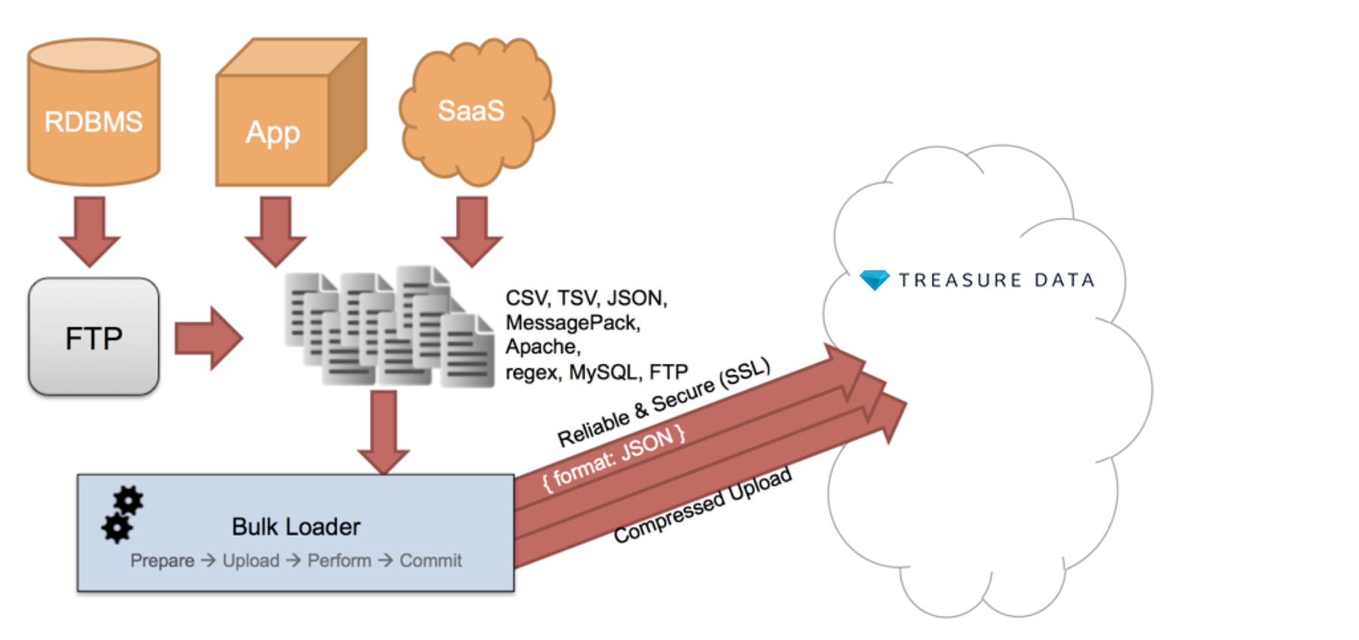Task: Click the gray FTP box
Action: (94, 337)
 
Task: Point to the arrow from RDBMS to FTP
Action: (90, 230)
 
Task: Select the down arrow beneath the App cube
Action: (275, 230)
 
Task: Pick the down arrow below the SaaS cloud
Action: (472, 230)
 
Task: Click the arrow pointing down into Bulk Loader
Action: (383, 431)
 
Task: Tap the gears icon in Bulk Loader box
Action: (122, 514)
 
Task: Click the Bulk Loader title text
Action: (296, 527)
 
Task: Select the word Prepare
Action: (162, 561)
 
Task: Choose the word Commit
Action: (430, 561)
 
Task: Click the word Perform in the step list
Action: (339, 561)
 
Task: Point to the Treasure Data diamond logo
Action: (874, 280)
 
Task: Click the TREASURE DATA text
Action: (996, 281)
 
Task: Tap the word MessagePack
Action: (572, 323)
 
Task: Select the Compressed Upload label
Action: (703, 505)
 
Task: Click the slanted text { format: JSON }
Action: (614, 458)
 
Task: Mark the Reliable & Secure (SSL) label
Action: (664, 402)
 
